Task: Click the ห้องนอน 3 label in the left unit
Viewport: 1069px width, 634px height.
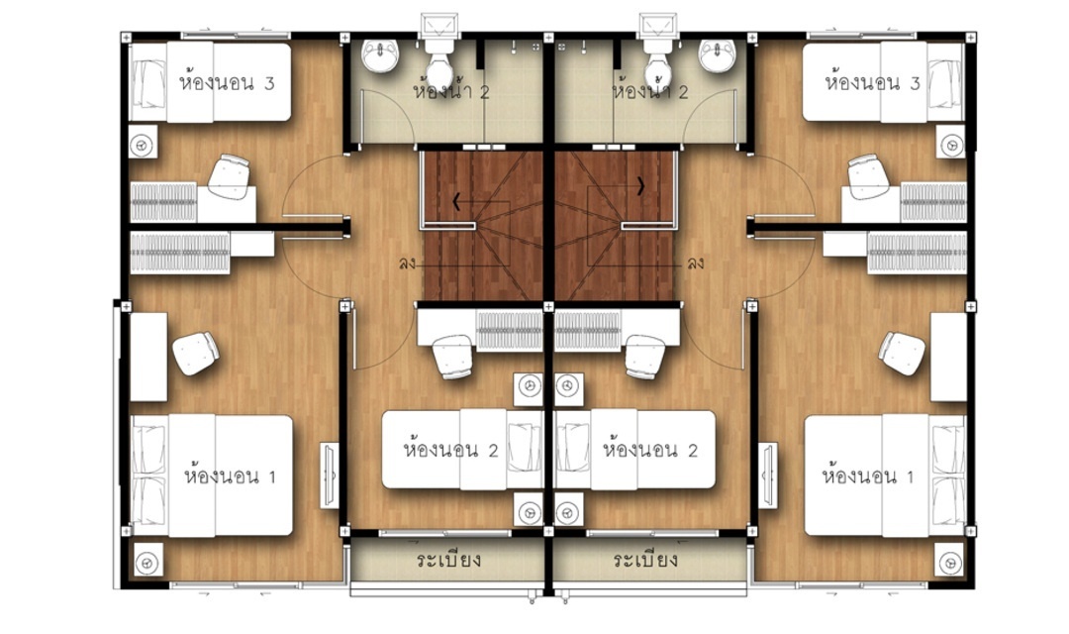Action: tap(227, 83)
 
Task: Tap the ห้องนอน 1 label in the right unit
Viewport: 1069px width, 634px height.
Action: tap(868, 475)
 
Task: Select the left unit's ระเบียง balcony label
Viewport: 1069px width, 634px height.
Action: tap(449, 560)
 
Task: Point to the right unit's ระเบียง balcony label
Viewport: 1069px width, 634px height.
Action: tap(645, 560)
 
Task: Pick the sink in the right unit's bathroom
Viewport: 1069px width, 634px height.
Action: tap(718, 55)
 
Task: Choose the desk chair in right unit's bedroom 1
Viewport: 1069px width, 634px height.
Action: tap(902, 353)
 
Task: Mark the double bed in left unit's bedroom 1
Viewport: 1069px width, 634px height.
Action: tap(212, 475)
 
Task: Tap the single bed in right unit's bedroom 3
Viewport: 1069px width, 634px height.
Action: tap(884, 81)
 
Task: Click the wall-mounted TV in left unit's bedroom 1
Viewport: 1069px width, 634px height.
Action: tap(329, 475)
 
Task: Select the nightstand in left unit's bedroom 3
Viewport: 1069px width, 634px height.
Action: tap(143, 144)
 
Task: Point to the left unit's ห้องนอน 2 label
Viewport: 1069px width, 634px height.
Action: tap(451, 449)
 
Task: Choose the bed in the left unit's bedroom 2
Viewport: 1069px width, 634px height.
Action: tap(462, 449)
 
